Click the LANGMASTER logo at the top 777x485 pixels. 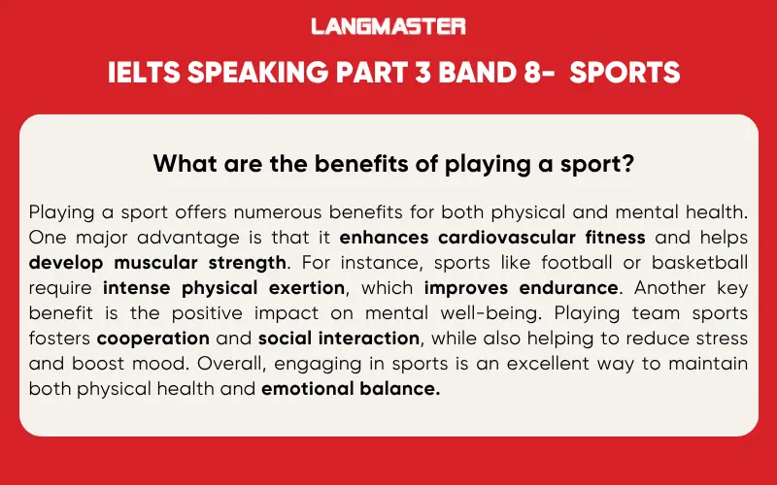[x=388, y=26]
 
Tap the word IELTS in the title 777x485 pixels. [x=140, y=74]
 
